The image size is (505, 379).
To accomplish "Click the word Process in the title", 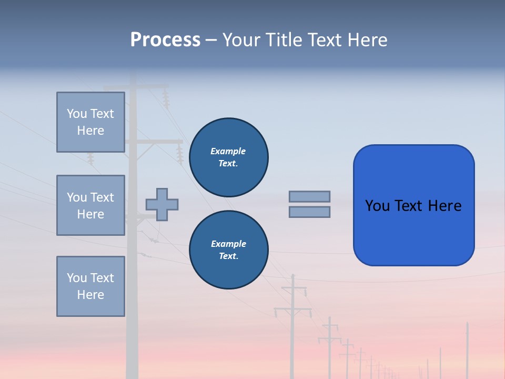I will tap(165, 40).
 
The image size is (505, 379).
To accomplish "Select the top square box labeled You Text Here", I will tap(90, 122).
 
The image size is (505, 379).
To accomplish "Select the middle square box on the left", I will tap(90, 205).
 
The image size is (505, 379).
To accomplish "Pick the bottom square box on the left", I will tap(90, 286).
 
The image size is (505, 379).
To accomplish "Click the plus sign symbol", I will tap(162, 204).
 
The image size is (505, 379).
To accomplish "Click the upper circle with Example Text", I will tap(228, 157).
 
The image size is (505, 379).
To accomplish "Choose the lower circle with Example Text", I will tap(228, 250).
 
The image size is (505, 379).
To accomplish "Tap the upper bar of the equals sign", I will tap(309, 196).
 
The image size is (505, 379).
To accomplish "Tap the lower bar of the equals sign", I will tap(309, 212).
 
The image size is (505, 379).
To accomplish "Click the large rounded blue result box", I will tap(413, 232).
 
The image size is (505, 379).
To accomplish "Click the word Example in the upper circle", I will tap(228, 151).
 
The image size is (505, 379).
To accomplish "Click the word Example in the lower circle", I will tap(228, 244).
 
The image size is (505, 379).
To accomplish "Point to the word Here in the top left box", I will tap(90, 131).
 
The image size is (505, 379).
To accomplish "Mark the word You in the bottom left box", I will tap(77, 278).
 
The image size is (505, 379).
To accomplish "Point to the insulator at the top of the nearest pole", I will tap(166, 98).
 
